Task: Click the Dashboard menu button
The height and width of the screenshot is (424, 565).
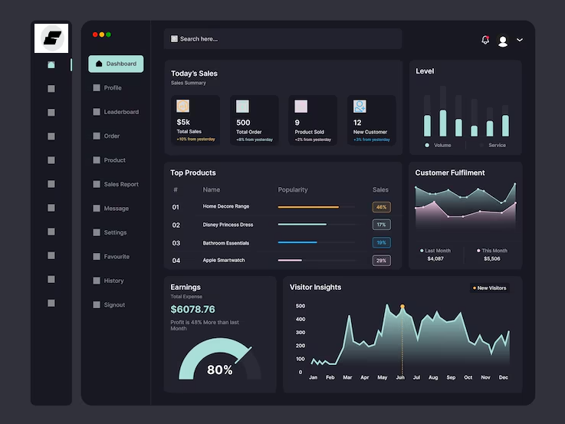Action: tap(116, 64)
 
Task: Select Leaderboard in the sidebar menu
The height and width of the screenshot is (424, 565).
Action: tap(120, 112)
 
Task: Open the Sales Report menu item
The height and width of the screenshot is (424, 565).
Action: tap(120, 184)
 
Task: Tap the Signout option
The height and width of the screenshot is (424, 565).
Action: tap(113, 304)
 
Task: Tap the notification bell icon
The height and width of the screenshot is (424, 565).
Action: tap(485, 40)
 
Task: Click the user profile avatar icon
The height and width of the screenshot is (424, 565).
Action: tap(503, 41)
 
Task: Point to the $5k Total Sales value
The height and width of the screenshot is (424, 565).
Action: tap(183, 123)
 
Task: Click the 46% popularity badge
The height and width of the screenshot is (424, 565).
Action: tap(381, 207)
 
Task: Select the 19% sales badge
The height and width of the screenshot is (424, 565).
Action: tap(381, 242)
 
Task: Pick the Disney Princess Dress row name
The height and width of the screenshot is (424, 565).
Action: tap(228, 225)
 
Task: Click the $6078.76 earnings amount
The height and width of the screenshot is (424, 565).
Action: tap(192, 309)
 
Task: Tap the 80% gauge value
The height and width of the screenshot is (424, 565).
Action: tap(219, 370)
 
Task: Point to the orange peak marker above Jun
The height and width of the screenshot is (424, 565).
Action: tap(402, 307)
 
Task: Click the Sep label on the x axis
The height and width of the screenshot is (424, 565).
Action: tap(450, 377)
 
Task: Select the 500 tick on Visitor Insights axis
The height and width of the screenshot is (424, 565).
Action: tap(300, 306)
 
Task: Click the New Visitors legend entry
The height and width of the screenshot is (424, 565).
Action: tap(489, 288)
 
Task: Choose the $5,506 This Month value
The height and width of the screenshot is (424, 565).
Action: tap(491, 258)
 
